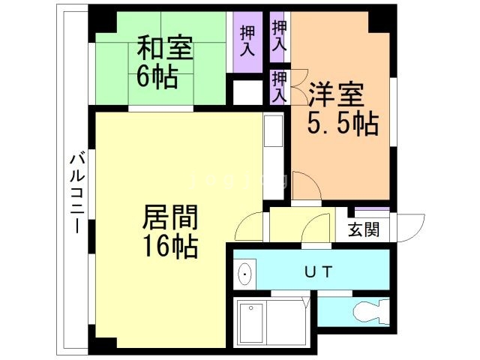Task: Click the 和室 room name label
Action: [x=164, y=49]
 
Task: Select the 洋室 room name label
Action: [x=336, y=95]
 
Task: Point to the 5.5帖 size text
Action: [x=342, y=121]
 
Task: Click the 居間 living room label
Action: [x=171, y=219]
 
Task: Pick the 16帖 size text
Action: [x=171, y=245]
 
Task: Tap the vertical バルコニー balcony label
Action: [x=76, y=192]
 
